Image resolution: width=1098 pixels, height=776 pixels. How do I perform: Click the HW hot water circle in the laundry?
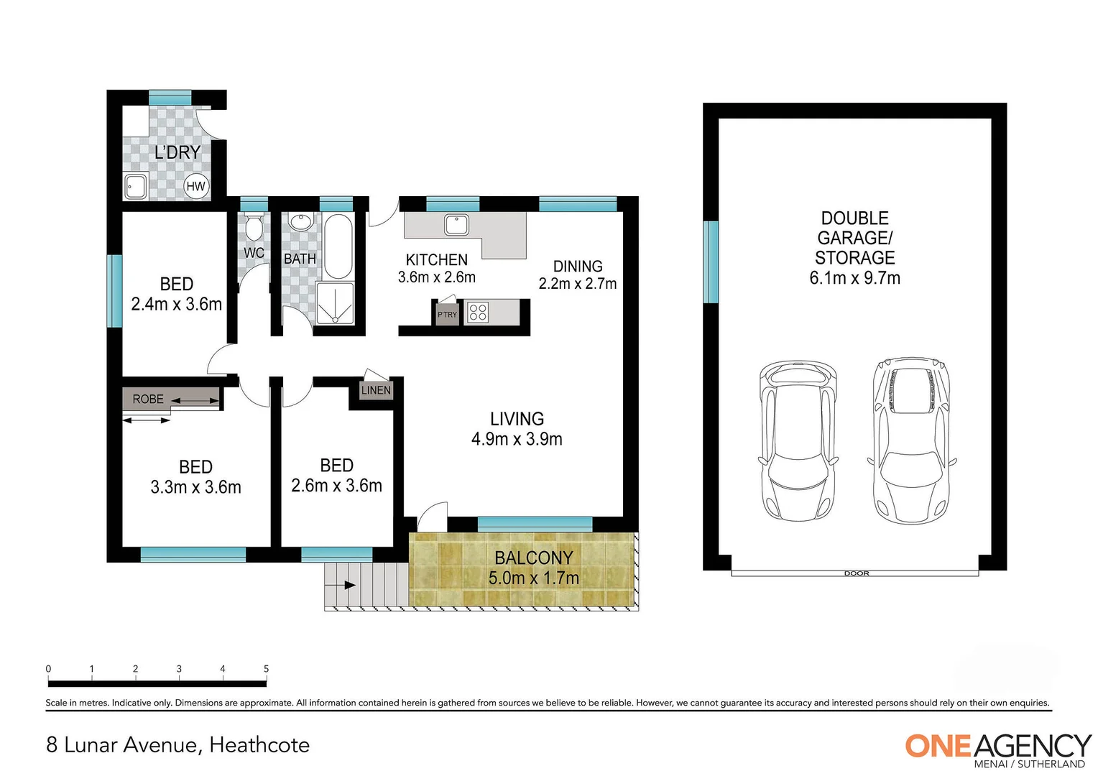coord(195,186)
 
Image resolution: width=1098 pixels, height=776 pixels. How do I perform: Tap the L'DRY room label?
coord(177,152)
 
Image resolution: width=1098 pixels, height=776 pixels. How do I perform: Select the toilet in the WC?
coord(254,228)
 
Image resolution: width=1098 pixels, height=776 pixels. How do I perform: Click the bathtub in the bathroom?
coord(338,246)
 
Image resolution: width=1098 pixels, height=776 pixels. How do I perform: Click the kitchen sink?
coord(456,225)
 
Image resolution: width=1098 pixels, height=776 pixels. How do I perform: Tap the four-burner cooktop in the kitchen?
coord(478,313)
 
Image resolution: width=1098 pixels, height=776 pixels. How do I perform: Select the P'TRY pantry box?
coord(447,315)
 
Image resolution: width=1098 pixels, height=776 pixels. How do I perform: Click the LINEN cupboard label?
coord(376,390)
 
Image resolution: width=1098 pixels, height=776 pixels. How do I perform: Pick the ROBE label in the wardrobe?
coord(148,399)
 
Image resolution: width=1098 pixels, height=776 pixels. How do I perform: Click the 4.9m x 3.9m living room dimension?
coord(517,439)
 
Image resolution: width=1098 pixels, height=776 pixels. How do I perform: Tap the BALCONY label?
coord(533,558)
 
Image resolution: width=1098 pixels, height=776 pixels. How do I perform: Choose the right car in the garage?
coord(911,439)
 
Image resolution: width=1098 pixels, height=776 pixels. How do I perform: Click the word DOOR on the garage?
coord(857,573)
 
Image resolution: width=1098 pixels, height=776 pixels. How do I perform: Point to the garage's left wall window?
coord(711,262)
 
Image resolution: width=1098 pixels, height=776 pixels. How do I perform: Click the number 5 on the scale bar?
coord(266,669)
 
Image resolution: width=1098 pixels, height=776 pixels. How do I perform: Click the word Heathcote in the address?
coord(259,745)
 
